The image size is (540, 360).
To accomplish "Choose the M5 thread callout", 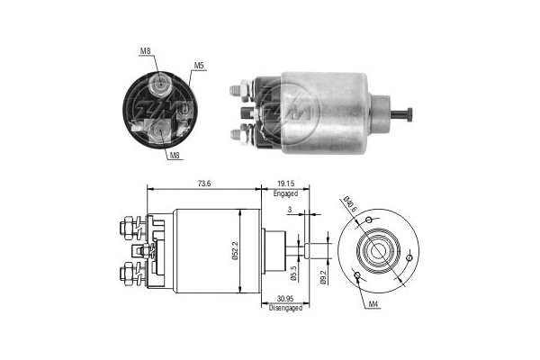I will click(198, 66).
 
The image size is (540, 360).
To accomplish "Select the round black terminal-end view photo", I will click(159, 107).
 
